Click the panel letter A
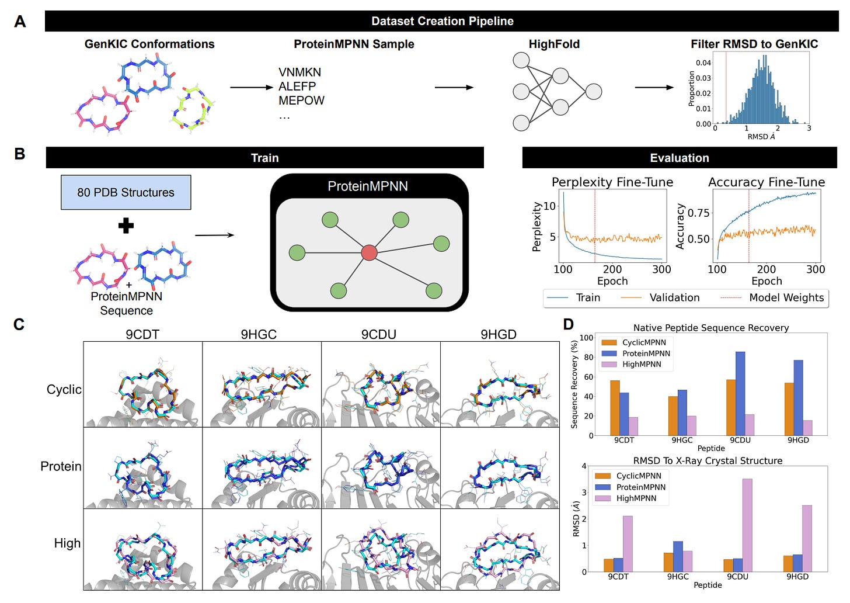[20, 22]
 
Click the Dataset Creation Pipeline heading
[442, 22]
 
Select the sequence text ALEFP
[297, 86]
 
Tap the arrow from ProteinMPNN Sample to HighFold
[454, 88]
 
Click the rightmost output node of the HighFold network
[593, 92]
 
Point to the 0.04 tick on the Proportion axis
[703, 63]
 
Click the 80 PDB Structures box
[126, 192]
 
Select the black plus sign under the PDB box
[126, 226]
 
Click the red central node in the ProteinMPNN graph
[369, 252]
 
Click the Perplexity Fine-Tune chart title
[612, 182]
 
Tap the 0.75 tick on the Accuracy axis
[699, 213]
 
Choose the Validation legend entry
[674, 297]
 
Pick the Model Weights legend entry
[786, 297]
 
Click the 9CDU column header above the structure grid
[378, 334]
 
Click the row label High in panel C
[67, 543]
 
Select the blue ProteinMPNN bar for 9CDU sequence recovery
[740, 393]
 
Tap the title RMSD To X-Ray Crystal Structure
[708, 460]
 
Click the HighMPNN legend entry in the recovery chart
[641, 364]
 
